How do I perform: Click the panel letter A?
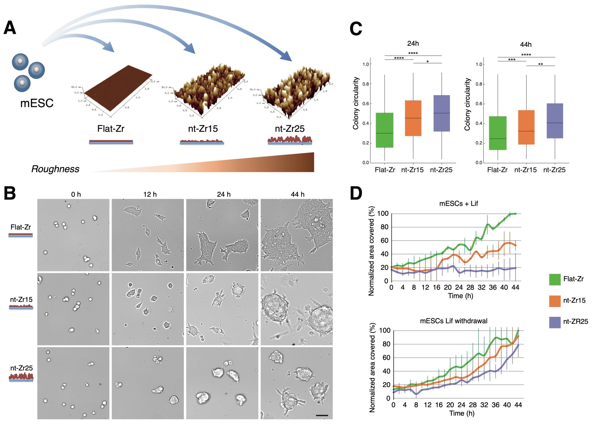pos(10,28)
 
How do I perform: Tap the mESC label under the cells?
pos(37,103)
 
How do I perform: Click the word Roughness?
pos(55,169)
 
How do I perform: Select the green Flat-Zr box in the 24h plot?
pos(385,130)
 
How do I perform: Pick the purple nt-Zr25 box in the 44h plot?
pos(555,121)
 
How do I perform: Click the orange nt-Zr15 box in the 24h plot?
pos(413,118)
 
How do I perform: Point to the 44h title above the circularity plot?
pos(526,45)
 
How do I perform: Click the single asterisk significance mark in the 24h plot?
pos(427,62)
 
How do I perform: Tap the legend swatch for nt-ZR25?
pos(555,322)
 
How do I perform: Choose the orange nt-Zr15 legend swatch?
pos(555,301)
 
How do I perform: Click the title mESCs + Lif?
pos(458,204)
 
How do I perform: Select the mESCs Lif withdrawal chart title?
pos(454,321)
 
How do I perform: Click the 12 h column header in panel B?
pos(150,194)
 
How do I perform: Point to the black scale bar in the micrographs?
pos(322,415)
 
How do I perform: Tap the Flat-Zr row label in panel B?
pos(20,227)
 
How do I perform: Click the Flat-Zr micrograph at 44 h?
pos(296,235)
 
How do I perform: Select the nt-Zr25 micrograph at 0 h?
pos(73,383)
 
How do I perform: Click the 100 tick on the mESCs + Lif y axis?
pos(383,213)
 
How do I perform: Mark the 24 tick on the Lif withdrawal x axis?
pos(461,405)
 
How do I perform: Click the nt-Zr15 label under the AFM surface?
pos(203,129)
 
